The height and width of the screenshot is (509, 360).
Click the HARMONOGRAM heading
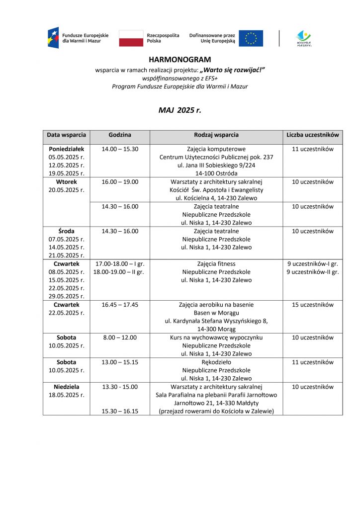[180, 60]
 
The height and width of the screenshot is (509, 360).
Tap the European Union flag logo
[251, 38]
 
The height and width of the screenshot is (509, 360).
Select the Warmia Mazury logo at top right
[303, 38]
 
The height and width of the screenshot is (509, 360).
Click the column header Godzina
[120, 135]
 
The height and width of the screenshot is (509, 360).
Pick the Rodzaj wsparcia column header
[216, 135]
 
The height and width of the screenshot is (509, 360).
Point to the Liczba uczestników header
[313, 135]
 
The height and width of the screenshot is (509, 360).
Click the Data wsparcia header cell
[66, 135]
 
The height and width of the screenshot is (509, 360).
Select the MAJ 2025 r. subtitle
[180, 110]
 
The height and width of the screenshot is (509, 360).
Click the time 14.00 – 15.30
[120, 149]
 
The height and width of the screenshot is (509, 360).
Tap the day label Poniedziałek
[66, 149]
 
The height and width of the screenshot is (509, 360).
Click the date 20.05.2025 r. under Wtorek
[66, 190]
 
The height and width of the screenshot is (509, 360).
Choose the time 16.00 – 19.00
[120, 182]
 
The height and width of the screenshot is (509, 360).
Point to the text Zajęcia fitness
[216, 264]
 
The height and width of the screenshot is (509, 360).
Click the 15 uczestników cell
[313, 305]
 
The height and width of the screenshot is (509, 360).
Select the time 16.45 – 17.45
[120, 305]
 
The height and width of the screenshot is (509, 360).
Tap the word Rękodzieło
[216, 362]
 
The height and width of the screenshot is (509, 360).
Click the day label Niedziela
[66, 387]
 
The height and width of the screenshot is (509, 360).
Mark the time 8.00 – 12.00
[120, 338]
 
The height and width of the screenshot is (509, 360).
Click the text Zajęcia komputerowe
[216, 149]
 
